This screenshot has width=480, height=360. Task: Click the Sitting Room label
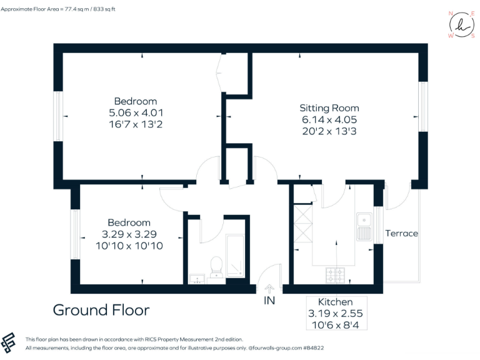click(329, 107)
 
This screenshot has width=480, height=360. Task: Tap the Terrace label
click(401, 233)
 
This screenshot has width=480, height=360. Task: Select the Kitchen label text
click(335, 302)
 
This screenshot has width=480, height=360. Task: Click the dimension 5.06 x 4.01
click(136, 112)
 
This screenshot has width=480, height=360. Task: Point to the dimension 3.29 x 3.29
click(129, 234)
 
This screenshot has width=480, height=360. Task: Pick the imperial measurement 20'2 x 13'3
click(329, 131)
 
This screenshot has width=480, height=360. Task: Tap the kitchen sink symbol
click(363, 226)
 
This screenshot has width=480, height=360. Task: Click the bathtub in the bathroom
click(236, 256)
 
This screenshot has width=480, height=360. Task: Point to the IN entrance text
click(269, 301)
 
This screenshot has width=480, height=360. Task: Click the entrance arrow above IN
click(269, 288)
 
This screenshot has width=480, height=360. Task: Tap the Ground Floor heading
click(101, 310)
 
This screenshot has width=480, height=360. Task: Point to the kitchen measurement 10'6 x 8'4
click(335, 324)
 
